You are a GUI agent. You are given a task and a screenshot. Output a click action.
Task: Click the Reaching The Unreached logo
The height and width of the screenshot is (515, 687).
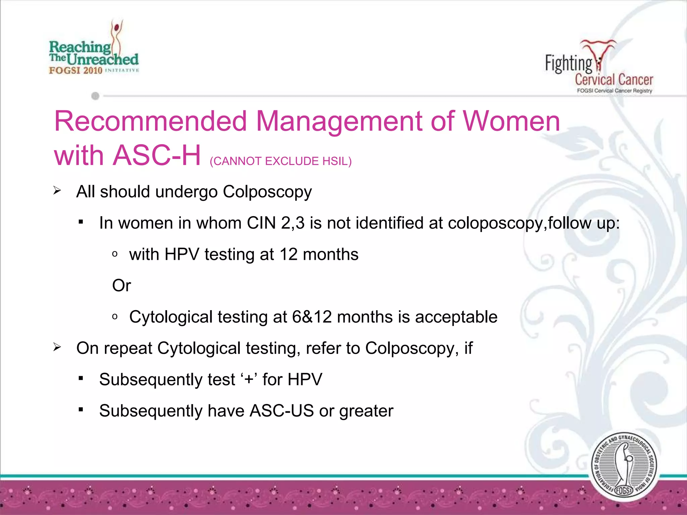coord(94,50)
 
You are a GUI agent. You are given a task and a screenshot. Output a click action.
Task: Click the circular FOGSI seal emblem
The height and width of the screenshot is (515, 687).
coord(624,466)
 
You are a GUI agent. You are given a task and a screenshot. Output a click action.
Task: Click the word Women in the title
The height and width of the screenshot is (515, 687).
coord(511,121)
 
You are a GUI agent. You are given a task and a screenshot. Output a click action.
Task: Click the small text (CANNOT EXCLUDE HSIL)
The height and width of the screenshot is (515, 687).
coord(280,161)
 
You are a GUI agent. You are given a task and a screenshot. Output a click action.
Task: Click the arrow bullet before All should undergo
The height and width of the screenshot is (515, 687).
coord(57,191)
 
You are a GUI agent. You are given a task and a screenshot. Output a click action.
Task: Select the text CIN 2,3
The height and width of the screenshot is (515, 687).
coord(275,223)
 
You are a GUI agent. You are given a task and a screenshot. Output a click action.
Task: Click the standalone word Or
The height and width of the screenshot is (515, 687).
coord(121,286)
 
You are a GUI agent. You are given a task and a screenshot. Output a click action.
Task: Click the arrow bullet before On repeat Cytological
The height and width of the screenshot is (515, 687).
coord(57,348)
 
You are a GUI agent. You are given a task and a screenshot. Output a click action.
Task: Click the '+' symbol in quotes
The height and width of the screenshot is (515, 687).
coord(249,380)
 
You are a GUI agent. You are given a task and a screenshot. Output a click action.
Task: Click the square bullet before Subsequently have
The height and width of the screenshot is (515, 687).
coord(81,409)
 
